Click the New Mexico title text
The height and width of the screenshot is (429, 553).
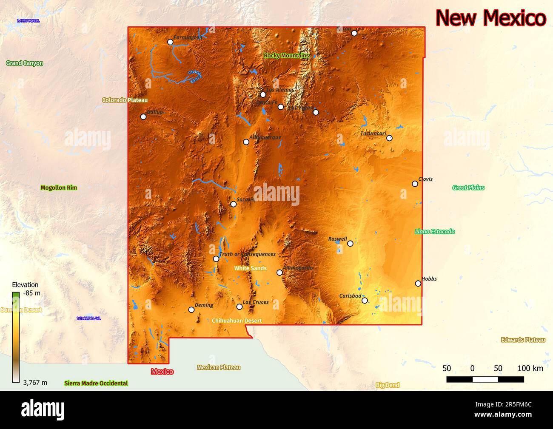point(491,18)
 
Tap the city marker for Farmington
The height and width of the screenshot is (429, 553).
point(170,42)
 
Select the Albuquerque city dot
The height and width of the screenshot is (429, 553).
point(246,142)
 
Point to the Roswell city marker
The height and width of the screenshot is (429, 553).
point(350,244)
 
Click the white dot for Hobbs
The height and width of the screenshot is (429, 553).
point(418,284)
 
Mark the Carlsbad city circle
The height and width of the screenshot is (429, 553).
point(365,301)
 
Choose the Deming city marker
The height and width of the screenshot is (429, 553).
point(191,310)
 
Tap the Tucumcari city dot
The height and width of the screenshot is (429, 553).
point(389,138)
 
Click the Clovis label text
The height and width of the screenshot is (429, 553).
point(425,179)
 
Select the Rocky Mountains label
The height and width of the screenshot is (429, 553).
point(286,56)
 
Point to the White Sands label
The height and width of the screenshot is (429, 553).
point(251,268)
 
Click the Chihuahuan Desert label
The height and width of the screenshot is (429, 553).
point(237,321)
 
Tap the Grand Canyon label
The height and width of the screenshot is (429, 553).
point(25,63)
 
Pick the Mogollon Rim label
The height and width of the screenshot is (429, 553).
point(59,188)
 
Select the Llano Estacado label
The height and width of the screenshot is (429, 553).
point(435,232)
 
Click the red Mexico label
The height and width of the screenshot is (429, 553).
point(162,372)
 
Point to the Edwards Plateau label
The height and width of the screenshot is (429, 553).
point(523,340)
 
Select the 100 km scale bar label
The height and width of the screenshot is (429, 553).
point(530,368)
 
